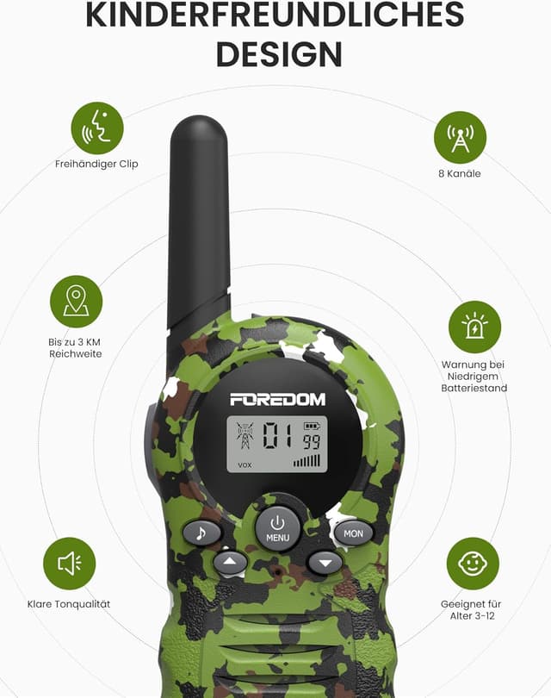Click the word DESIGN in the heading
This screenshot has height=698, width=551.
point(279,53)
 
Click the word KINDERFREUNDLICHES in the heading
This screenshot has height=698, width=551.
point(275,15)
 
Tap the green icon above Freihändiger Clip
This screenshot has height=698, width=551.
point(97,128)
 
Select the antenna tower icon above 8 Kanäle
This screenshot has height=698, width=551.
point(460,137)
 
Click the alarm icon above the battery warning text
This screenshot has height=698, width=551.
point(474,327)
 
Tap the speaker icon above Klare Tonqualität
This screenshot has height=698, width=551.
point(69,564)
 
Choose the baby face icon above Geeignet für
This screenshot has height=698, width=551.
point(473,564)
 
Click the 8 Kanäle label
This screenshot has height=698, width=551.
point(460,173)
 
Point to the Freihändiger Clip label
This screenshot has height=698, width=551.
point(96,164)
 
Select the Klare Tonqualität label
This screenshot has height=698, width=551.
point(69,604)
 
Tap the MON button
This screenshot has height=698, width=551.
point(354,533)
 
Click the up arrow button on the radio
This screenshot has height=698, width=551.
point(230,563)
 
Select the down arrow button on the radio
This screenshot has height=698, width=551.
point(325,563)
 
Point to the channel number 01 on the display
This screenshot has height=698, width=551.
point(277,436)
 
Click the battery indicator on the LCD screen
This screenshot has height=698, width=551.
point(311,426)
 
